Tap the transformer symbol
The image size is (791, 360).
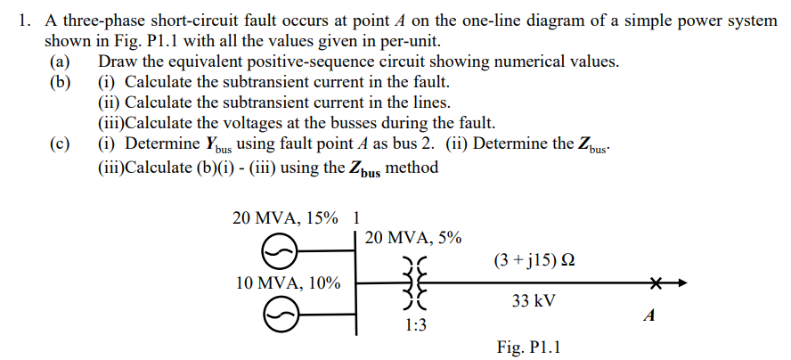[x=414, y=283]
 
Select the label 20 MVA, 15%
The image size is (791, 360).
[x=285, y=217]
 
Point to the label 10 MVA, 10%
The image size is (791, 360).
[x=288, y=283]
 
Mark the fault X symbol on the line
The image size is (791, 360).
[x=657, y=283]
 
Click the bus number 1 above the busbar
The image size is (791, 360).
[x=357, y=217]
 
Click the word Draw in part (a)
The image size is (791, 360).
[x=118, y=61]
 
